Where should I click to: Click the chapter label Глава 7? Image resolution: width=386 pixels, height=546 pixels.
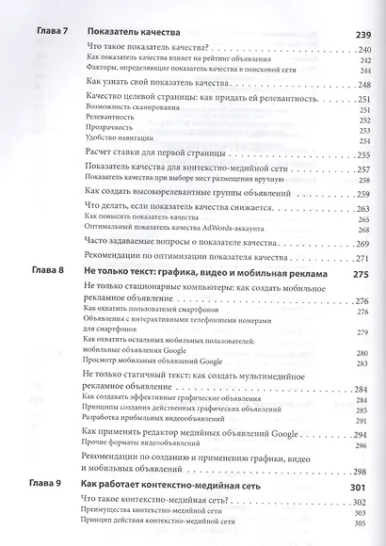coord(40,34)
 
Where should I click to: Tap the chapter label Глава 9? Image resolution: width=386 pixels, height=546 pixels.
coord(40,487)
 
